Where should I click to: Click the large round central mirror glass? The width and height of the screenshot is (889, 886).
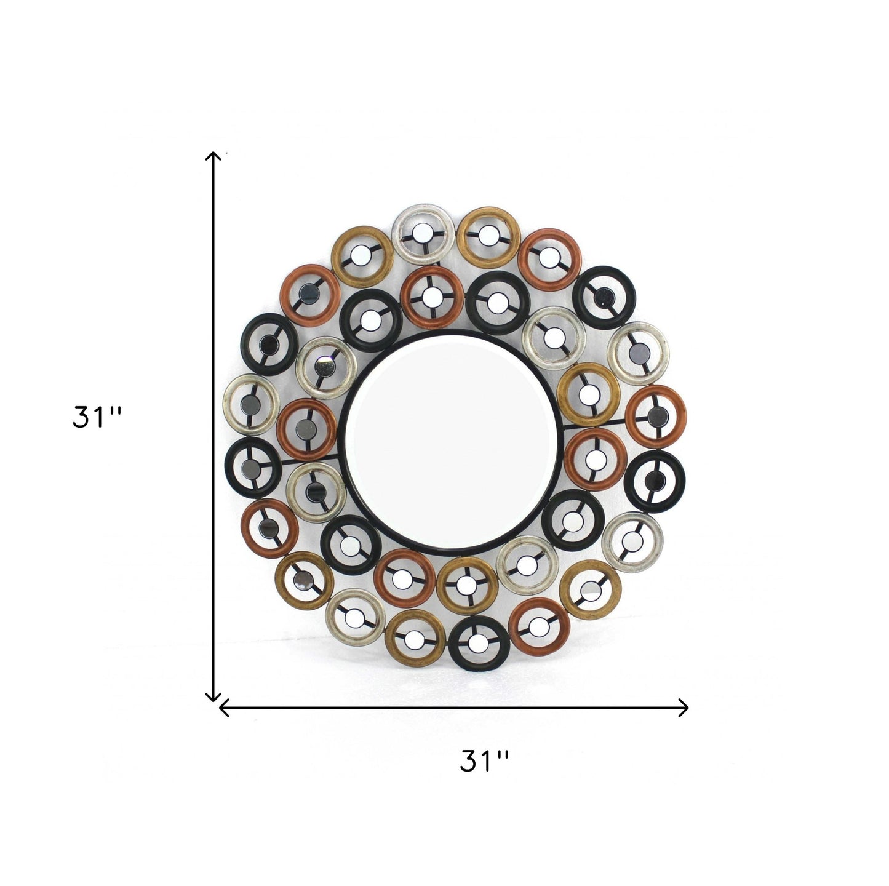(x=451, y=442)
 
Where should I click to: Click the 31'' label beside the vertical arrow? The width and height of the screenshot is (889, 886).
(x=97, y=417)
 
